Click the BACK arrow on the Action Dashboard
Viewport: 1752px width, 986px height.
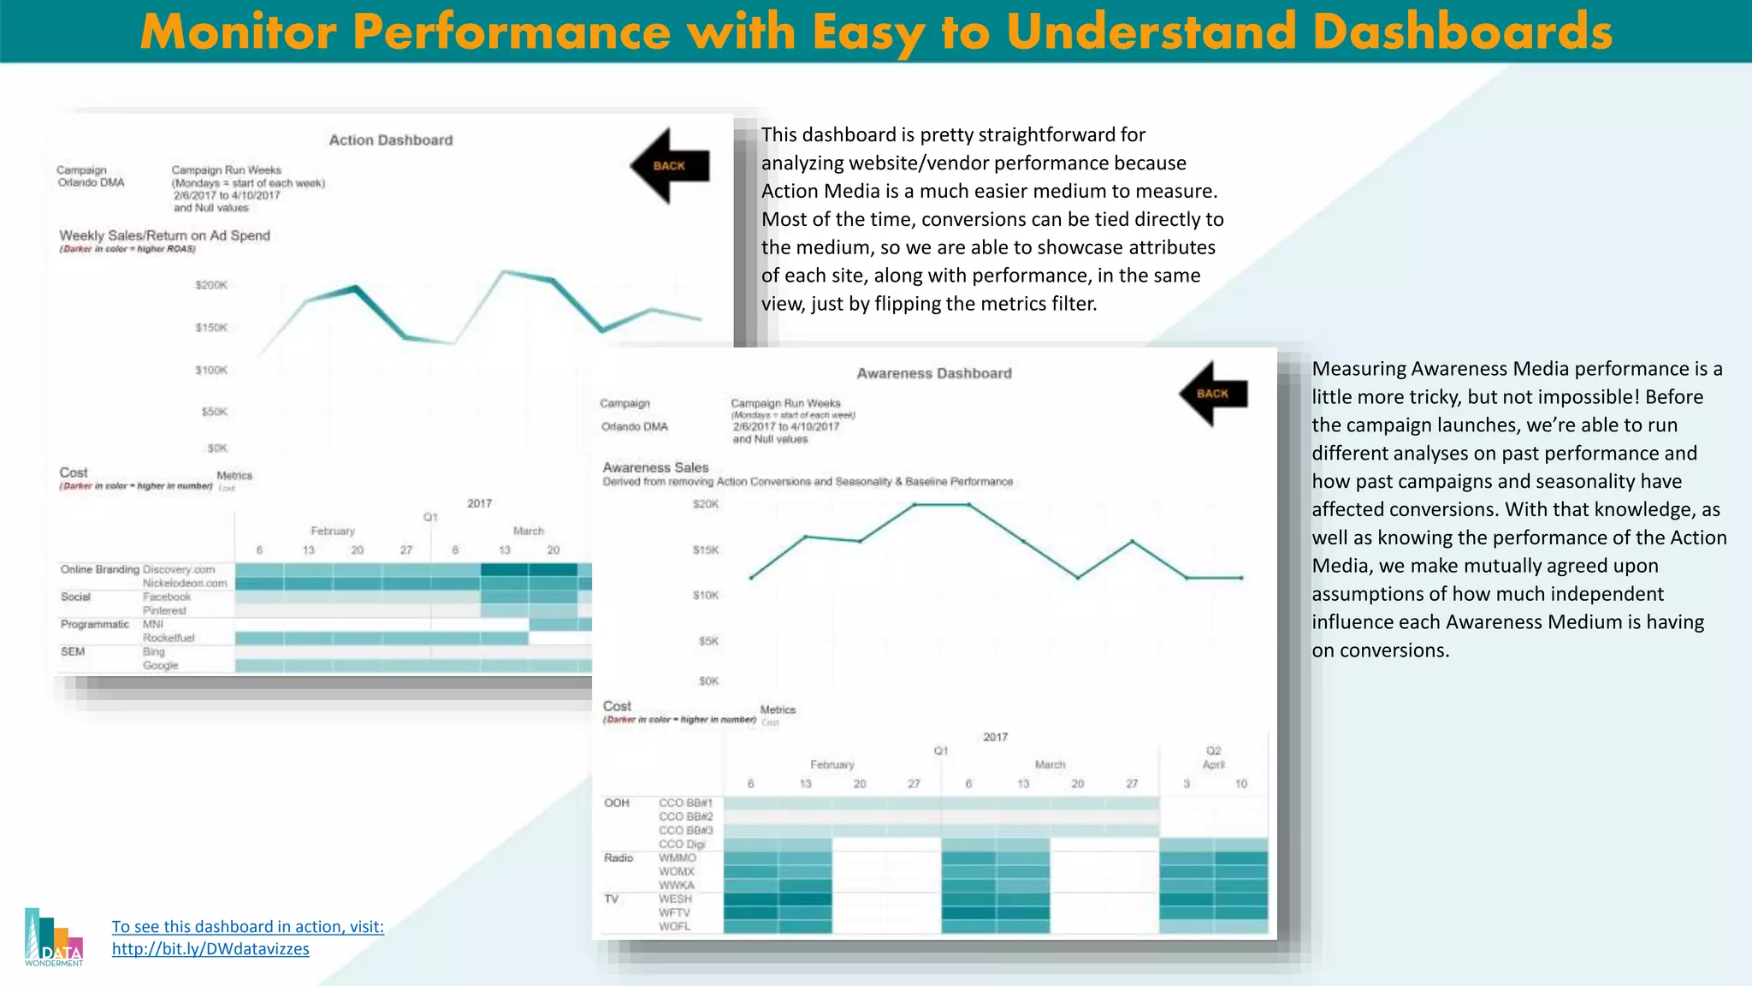[x=670, y=166]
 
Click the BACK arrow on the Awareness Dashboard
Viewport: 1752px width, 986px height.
[x=1213, y=394]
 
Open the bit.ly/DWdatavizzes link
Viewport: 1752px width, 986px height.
[x=210, y=948]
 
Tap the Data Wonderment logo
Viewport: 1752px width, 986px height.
[x=54, y=938]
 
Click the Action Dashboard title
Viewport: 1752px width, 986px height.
[x=391, y=140]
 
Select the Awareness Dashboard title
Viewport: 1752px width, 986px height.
[x=934, y=373]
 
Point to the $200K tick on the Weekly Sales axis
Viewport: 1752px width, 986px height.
[x=211, y=285]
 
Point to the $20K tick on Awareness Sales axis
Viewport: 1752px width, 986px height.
[x=706, y=504]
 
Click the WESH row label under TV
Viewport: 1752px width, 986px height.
[x=675, y=899]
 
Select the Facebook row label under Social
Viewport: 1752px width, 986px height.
[x=167, y=597]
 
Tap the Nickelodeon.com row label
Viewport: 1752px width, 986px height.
[x=185, y=583]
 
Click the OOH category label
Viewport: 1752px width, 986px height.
[x=616, y=803]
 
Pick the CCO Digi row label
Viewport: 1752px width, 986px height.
[x=682, y=844]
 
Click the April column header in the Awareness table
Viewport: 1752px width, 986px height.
[x=1213, y=764]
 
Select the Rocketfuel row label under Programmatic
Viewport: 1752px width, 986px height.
[x=169, y=638]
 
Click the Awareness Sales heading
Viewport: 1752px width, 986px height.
[x=655, y=467]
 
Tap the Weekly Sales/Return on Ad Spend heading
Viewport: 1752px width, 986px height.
[x=164, y=235]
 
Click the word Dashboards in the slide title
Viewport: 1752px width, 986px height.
[x=1462, y=32]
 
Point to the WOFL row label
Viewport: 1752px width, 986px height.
[x=674, y=926]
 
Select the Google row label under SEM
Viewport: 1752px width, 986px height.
[x=161, y=665]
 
